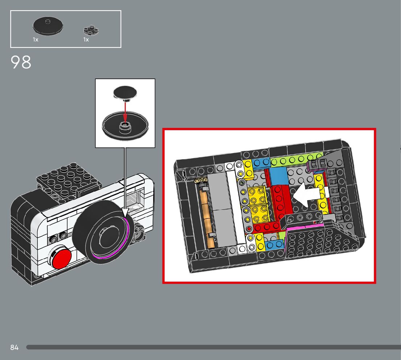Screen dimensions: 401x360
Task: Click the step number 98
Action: tap(21, 62)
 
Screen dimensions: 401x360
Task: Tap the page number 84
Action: tap(15, 347)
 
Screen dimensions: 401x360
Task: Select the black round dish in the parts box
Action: tap(48, 26)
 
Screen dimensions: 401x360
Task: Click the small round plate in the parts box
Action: tap(91, 30)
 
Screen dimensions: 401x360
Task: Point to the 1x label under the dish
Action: tap(36, 40)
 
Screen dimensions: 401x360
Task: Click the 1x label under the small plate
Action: tap(86, 40)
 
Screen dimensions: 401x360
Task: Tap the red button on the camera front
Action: tap(62, 258)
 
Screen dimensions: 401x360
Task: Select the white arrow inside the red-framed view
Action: tap(306, 195)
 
